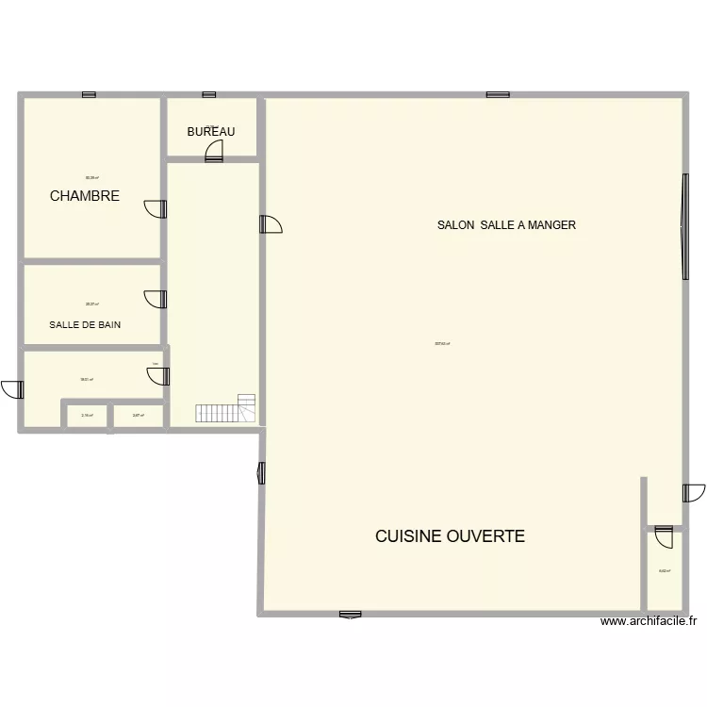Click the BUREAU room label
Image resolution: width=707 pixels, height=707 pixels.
click(x=210, y=132)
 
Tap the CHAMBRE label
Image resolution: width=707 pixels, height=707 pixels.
click(x=85, y=196)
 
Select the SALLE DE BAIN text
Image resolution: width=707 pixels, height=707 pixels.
click(x=85, y=324)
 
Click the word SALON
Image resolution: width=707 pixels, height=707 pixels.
click(x=456, y=225)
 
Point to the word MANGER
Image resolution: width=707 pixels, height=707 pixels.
click(x=551, y=225)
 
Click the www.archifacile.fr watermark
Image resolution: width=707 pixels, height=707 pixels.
click(x=648, y=620)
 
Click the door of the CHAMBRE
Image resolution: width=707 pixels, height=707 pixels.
click(x=155, y=208)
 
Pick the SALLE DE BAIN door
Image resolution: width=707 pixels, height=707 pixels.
click(x=155, y=299)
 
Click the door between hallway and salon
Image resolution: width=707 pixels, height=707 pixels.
click(x=271, y=223)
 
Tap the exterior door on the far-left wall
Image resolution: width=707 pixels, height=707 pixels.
click(x=12, y=388)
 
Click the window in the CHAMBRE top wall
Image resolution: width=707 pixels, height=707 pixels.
click(x=89, y=94)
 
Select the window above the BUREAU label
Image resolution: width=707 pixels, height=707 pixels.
click(x=209, y=94)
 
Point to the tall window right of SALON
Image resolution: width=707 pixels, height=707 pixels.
click(x=683, y=225)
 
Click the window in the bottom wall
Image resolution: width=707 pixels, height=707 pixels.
click(x=350, y=614)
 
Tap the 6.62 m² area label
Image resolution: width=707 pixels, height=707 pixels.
click(x=664, y=571)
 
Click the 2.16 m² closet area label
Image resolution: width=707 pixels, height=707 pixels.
click(x=87, y=415)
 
